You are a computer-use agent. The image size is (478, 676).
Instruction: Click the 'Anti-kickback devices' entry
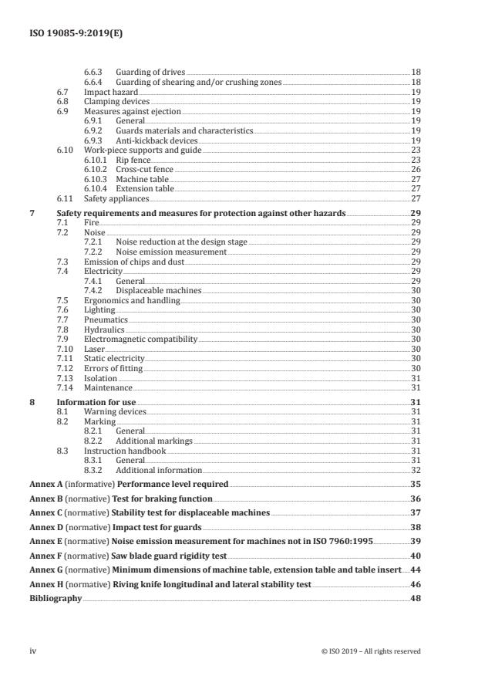coord(157,141)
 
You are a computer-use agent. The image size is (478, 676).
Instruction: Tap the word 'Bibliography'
coord(56,598)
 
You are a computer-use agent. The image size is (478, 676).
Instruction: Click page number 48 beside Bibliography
coord(416,598)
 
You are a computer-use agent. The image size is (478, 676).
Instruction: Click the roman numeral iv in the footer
coord(33,651)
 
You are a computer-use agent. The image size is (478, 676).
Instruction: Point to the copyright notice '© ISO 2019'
coord(371,651)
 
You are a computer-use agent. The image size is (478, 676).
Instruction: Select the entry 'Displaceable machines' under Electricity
coord(158,291)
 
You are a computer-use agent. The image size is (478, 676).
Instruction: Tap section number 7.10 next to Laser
coord(65,349)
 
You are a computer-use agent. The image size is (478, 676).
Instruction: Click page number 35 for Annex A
coord(416,484)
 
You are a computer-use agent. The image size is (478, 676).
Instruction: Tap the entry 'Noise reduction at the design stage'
coord(181,242)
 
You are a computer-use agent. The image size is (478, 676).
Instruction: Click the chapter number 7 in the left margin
coord(32,212)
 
